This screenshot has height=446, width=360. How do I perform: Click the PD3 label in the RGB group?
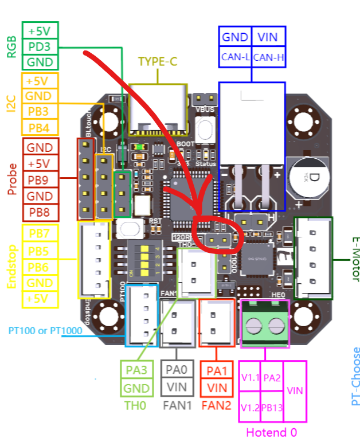(40, 46)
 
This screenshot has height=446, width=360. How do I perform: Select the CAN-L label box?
(234, 57)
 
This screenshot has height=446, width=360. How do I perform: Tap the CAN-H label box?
(268, 57)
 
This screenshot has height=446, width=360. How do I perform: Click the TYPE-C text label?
(158, 62)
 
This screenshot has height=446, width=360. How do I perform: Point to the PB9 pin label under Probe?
(40, 180)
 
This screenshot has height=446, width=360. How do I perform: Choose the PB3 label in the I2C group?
(39, 112)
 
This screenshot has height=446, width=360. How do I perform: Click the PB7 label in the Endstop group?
(39, 234)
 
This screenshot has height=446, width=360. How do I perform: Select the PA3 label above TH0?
(136, 370)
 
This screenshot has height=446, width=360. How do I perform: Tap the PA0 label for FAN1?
(178, 370)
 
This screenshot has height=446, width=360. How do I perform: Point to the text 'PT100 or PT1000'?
(45, 331)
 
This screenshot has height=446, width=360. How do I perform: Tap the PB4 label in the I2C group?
(39, 127)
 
